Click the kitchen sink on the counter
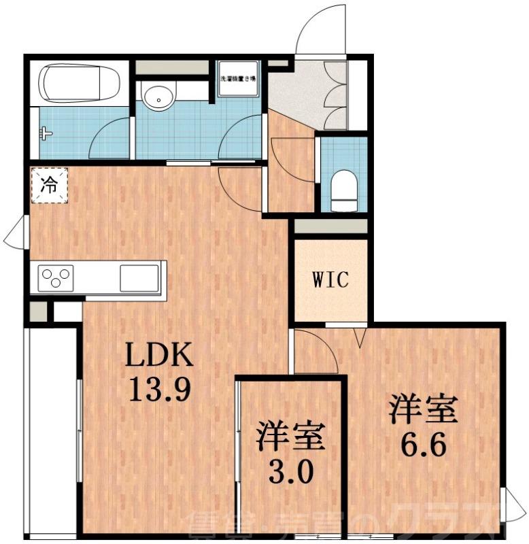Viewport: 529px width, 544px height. [139, 278]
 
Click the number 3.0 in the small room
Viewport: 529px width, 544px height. [290, 470]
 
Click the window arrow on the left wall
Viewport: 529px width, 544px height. [14, 237]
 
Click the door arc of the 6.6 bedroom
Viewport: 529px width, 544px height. [318, 352]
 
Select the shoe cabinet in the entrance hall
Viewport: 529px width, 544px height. [336, 96]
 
